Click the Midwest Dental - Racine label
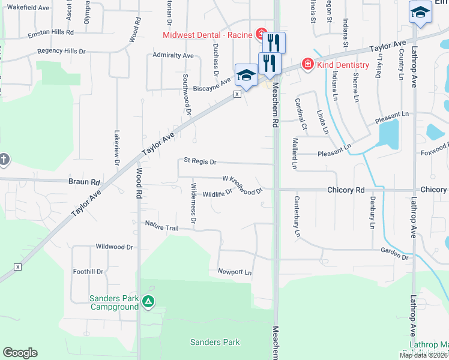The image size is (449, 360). [207, 34]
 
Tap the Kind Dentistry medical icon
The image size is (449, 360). [307, 64]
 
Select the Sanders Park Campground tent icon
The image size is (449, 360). [149, 302]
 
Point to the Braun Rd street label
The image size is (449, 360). [83, 181]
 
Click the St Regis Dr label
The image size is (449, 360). [200, 161]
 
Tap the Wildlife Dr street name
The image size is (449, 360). [217, 194]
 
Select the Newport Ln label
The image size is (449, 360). [235, 272]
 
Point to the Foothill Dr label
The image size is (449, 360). [88, 271]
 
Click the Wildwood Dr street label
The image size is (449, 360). [114, 247]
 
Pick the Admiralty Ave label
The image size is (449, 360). [173, 55]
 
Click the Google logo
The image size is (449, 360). [20, 353]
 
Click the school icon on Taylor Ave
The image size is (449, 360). [246, 75]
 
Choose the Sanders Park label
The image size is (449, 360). [215, 343]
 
